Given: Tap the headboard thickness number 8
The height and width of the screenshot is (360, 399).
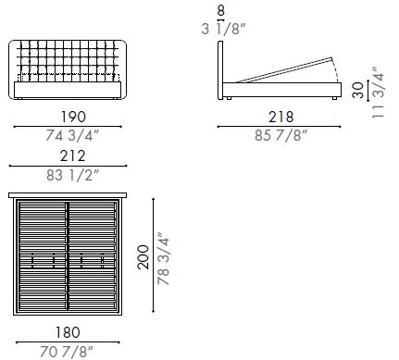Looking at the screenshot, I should (x=220, y=12).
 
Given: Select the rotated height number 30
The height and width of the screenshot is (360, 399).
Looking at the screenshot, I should (x=358, y=90).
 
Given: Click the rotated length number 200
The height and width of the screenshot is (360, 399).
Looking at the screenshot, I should (x=143, y=255).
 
